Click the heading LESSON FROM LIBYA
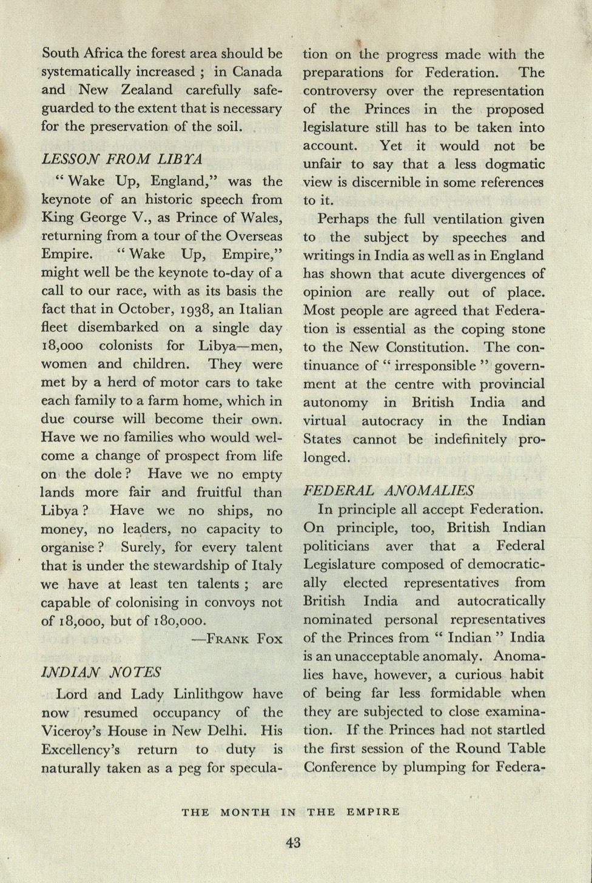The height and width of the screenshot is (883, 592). pos(121,159)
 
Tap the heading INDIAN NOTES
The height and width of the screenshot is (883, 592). pos(101,673)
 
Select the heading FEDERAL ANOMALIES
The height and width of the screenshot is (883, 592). pos(389,491)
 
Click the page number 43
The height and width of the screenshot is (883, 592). pos(293,842)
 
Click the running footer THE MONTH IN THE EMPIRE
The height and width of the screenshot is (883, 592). pos(291,812)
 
